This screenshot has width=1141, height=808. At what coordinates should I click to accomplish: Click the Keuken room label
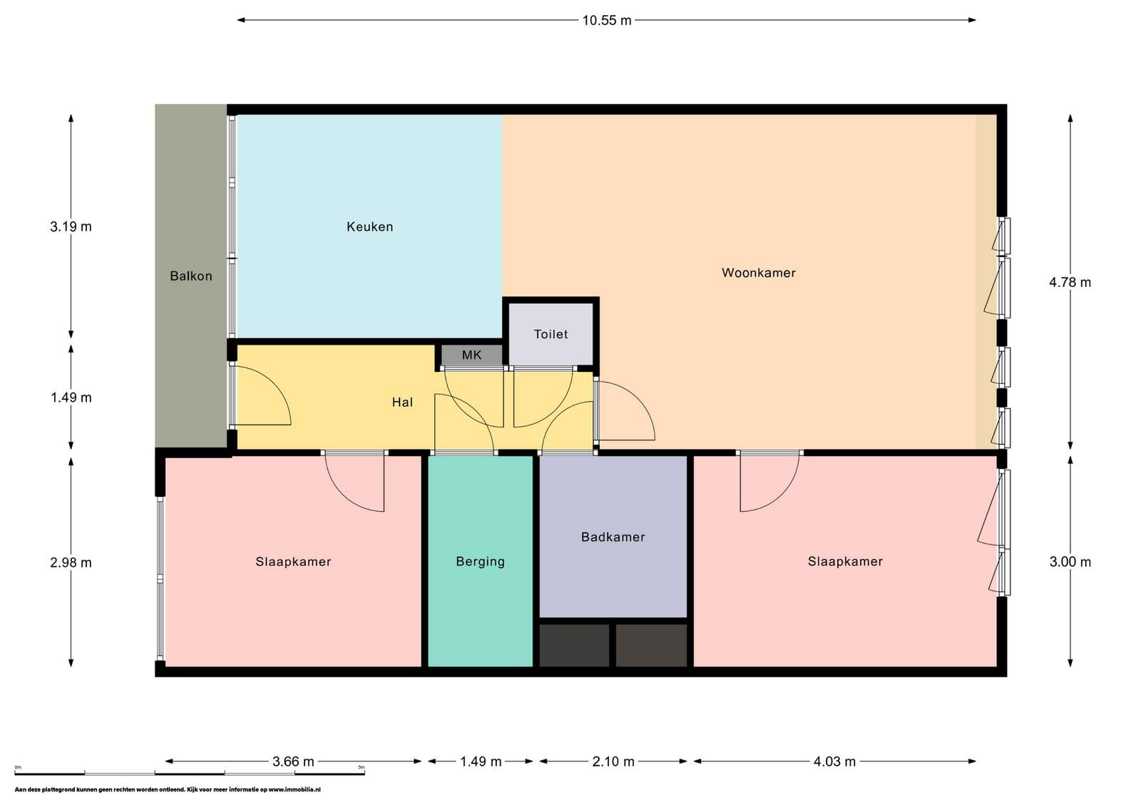pos(370,227)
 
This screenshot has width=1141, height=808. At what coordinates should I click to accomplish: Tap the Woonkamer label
pos(759,273)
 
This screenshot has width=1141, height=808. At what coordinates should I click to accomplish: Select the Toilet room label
pos(551,335)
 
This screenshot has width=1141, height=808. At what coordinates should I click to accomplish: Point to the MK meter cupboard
pos(471,355)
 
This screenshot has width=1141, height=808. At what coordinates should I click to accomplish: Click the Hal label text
pos(402,403)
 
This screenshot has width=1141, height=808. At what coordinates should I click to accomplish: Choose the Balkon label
pos(191,276)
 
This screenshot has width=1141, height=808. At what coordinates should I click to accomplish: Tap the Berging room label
pos(481,562)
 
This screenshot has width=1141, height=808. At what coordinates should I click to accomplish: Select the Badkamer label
pos(613,537)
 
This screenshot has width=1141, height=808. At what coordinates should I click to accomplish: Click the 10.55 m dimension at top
pos(607,21)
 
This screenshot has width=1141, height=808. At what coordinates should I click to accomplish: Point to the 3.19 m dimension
pos(71,226)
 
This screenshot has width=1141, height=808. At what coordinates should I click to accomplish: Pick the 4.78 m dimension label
pos(1070,283)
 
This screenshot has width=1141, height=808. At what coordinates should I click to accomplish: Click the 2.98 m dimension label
pos(71,562)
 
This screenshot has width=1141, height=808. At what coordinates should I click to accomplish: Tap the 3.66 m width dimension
pos(293,762)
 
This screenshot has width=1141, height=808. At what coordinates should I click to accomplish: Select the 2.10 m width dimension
pos(613,762)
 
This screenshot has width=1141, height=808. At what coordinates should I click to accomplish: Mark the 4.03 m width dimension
pos(834,762)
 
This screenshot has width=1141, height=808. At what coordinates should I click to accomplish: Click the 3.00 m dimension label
pos(1070,562)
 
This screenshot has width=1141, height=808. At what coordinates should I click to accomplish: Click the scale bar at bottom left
pos(190,773)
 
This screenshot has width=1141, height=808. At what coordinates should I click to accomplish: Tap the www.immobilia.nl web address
pos(295,790)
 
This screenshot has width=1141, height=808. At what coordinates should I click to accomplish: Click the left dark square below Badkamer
pos(574,645)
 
